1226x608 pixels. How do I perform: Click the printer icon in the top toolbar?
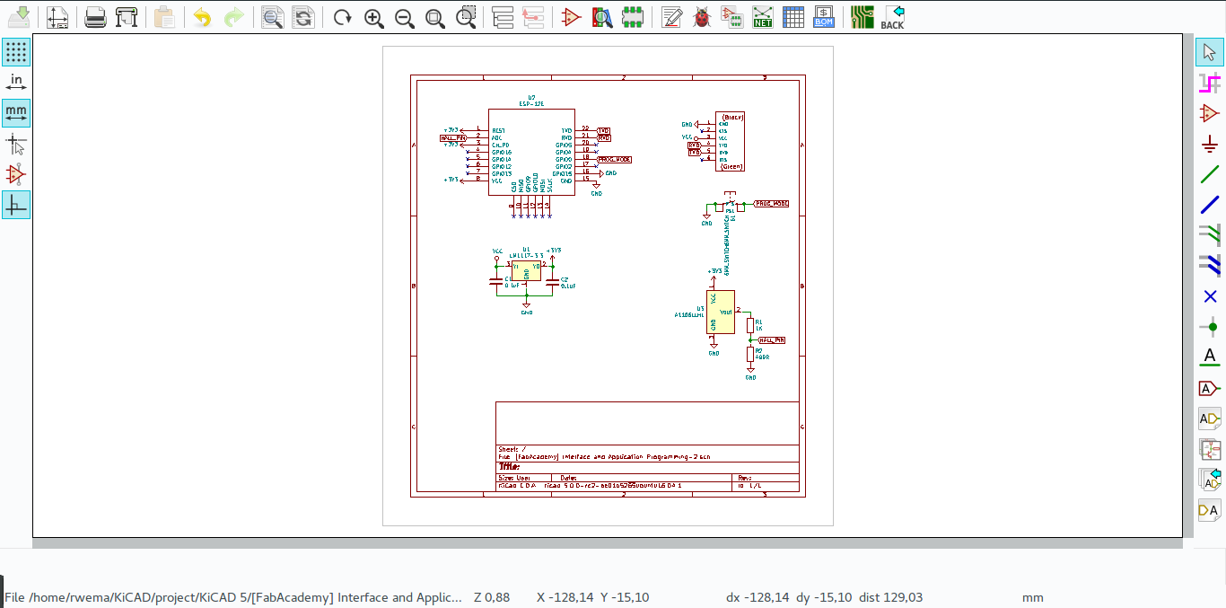[x=95, y=17]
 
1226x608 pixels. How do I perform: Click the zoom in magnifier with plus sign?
[x=374, y=17]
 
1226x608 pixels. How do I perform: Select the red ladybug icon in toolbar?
[x=701, y=17]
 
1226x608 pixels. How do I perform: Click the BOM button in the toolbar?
[x=823, y=17]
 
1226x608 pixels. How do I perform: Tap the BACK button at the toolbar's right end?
[x=892, y=17]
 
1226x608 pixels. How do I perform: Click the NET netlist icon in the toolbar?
[x=763, y=17]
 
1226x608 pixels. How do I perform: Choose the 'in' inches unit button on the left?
[x=16, y=83]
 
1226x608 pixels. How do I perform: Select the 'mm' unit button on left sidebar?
[x=16, y=113]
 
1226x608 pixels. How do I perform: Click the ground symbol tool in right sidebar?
[x=1209, y=144]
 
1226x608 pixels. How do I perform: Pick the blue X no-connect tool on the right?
[x=1209, y=296]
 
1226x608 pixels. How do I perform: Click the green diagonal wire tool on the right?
[x=1209, y=174]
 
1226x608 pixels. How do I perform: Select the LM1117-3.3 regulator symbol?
[x=526, y=271]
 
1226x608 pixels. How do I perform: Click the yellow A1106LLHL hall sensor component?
[x=720, y=312]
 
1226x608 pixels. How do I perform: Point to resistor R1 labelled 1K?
[x=750, y=325]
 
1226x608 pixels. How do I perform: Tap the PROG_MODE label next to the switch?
[x=771, y=204]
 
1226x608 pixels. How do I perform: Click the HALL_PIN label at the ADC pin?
[x=452, y=137]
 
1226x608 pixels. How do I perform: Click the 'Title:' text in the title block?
[x=509, y=466]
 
